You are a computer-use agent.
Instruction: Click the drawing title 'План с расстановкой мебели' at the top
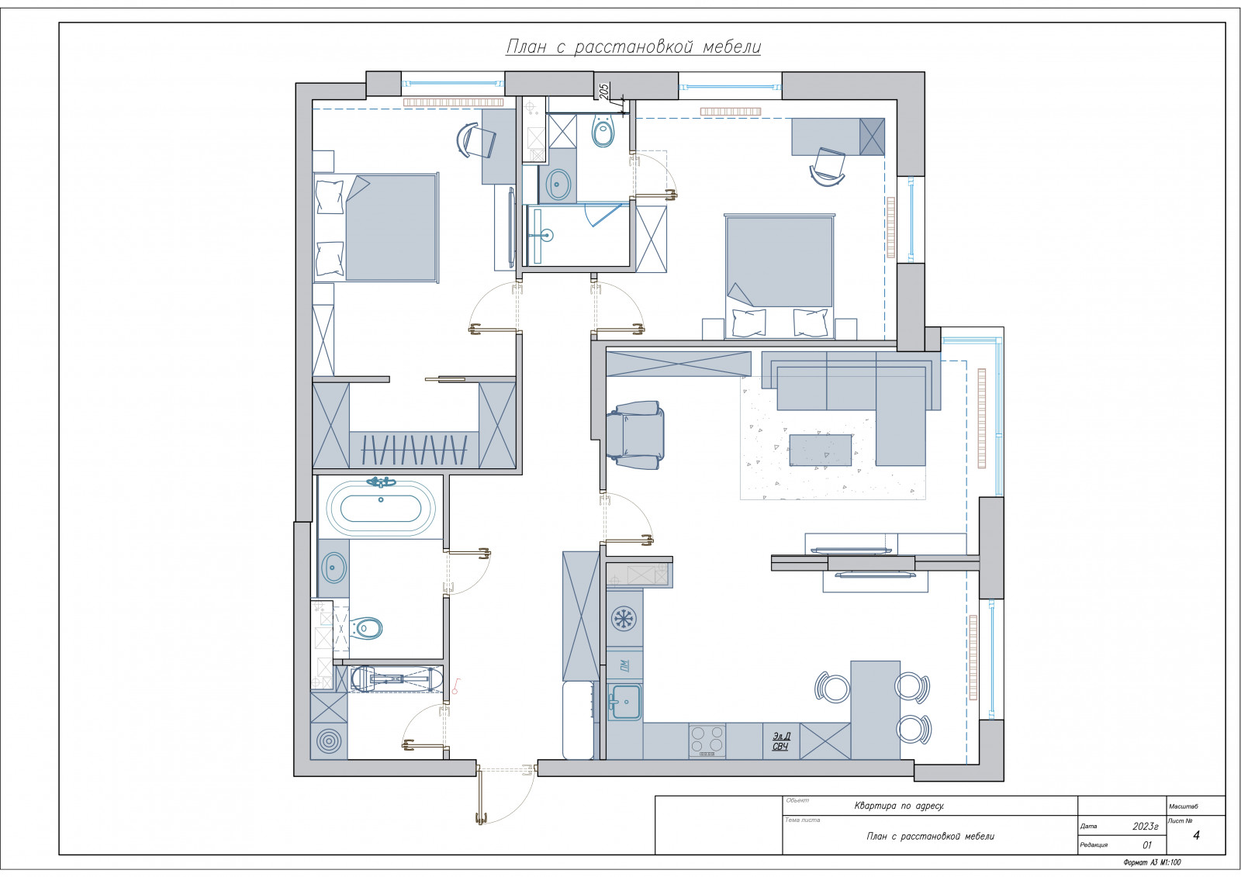pos(633,47)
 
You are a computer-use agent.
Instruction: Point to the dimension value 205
pos(604,90)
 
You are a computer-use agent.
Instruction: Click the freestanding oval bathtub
pos(381,509)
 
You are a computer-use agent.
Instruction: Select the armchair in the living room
pos(635,436)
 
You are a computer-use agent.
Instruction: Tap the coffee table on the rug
pos(821,451)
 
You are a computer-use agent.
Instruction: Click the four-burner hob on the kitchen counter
pos(707,741)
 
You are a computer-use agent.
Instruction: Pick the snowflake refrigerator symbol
pos(624,619)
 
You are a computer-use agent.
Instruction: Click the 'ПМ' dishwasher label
pos(624,664)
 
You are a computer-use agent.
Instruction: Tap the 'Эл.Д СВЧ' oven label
pos(781,741)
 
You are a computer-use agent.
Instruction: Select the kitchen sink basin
pos(625,702)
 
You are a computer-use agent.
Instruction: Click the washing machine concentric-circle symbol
pos(329,741)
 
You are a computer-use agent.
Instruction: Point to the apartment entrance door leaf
pos(480,796)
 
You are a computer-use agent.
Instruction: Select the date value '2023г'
pos(1145,826)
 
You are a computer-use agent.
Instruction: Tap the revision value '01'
pos(1147,845)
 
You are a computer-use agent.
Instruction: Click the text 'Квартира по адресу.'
pos(899,806)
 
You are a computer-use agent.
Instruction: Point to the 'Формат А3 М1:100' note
pos(1153,862)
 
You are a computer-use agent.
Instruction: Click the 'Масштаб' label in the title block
pos(1184,806)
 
